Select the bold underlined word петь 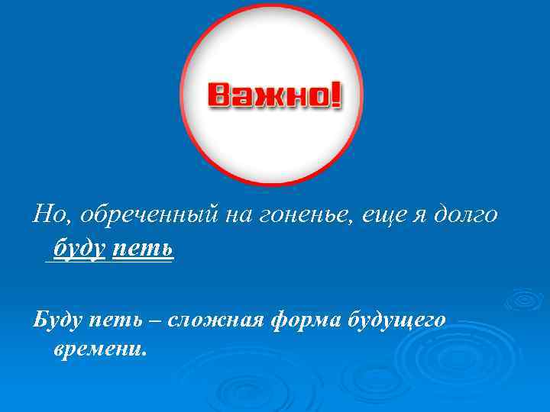click(x=143, y=248)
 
